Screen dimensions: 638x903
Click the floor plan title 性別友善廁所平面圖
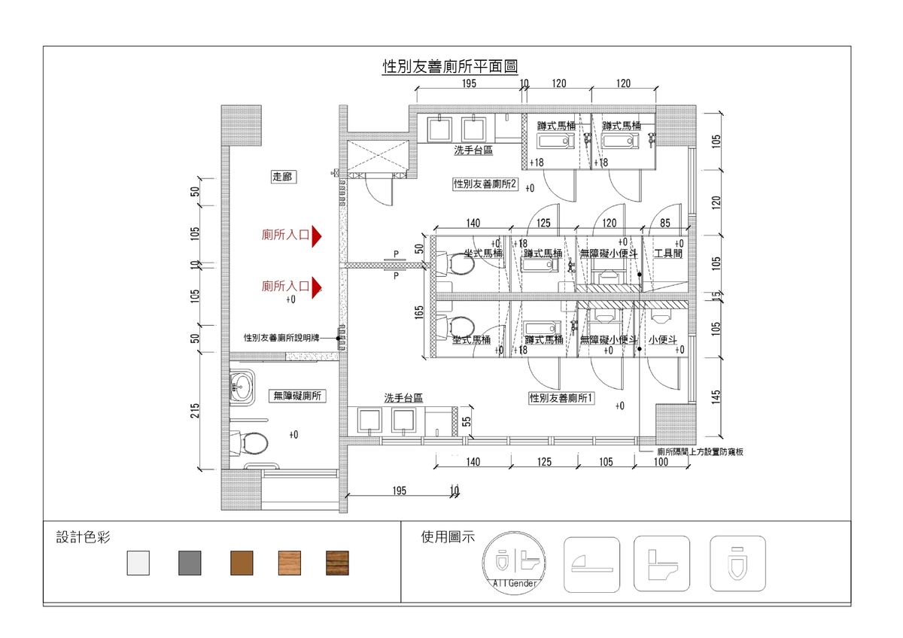click(x=450, y=67)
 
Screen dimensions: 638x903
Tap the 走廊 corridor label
click(x=282, y=178)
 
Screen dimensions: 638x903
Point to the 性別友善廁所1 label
click(x=562, y=397)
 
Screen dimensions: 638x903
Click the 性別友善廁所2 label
click(x=485, y=184)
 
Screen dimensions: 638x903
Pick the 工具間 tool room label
click(x=667, y=254)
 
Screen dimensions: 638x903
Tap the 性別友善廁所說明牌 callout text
click(x=282, y=339)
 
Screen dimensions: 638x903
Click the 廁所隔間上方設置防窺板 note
click(x=700, y=452)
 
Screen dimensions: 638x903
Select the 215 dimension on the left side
click(x=196, y=411)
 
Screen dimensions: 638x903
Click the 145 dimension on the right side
click(x=716, y=397)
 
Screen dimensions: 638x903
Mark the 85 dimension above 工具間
click(x=665, y=223)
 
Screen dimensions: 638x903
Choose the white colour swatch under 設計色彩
click(x=138, y=563)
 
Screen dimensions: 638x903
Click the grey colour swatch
click(x=189, y=563)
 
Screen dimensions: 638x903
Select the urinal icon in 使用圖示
click(x=738, y=563)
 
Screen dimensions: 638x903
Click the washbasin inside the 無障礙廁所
click(x=242, y=387)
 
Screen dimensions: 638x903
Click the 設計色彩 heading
click(x=84, y=537)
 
